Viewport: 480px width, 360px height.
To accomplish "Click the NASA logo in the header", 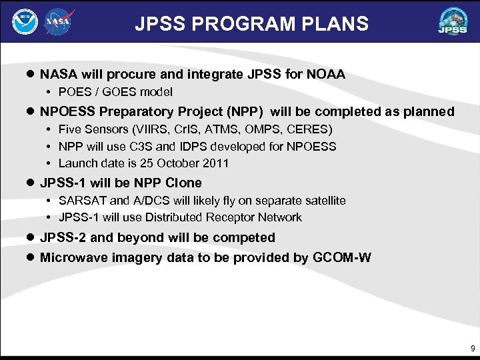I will click(59, 22).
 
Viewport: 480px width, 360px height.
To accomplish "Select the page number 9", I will click(473, 349).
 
